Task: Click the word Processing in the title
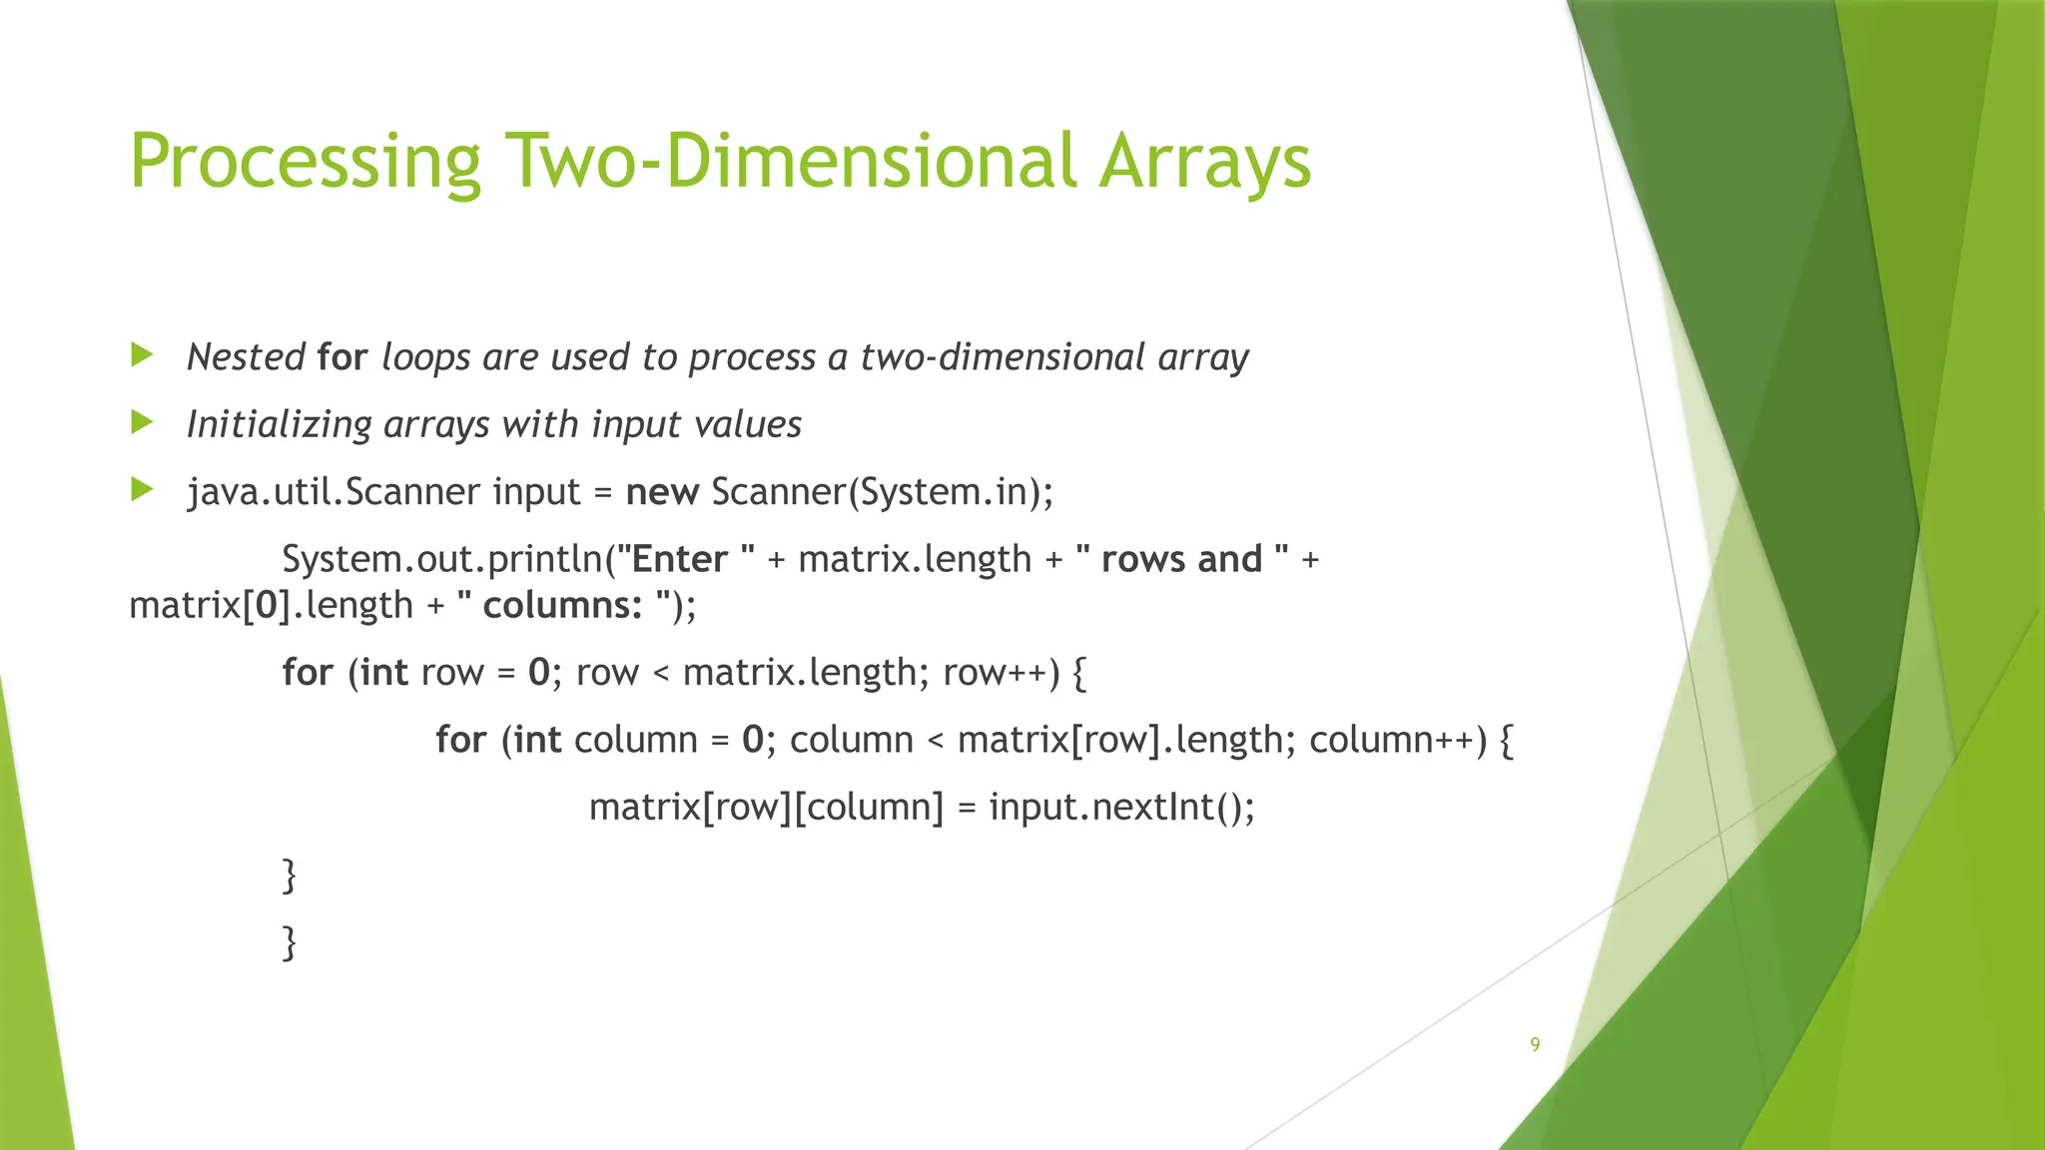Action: pos(305,162)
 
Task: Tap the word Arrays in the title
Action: pos(1204,162)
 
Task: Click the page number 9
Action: pos(1535,1044)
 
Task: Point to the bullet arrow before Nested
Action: pos(142,354)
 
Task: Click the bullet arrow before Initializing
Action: pos(142,422)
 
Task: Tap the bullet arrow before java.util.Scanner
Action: pos(142,489)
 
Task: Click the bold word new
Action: pos(661,492)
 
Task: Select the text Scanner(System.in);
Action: pos(882,492)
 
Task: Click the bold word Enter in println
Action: pos(679,559)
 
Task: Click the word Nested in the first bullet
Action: pos(246,356)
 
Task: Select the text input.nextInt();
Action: pos(1121,807)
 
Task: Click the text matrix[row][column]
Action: pos(766,807)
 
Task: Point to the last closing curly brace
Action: pos(290,941)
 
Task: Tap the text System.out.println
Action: pos(443,559)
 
